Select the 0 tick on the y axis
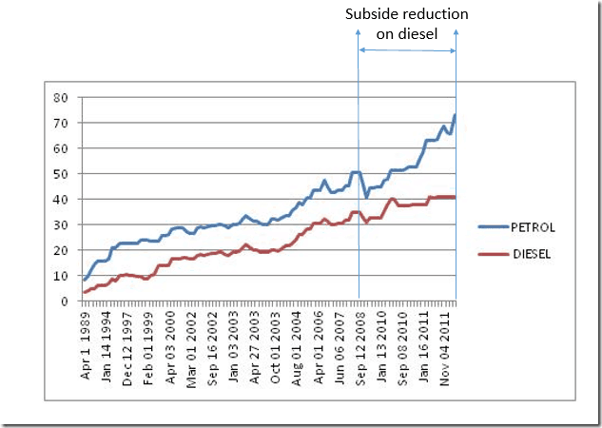pos(63,302)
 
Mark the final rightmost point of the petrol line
pos(455,115)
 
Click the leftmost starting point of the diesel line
pos(84,292)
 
